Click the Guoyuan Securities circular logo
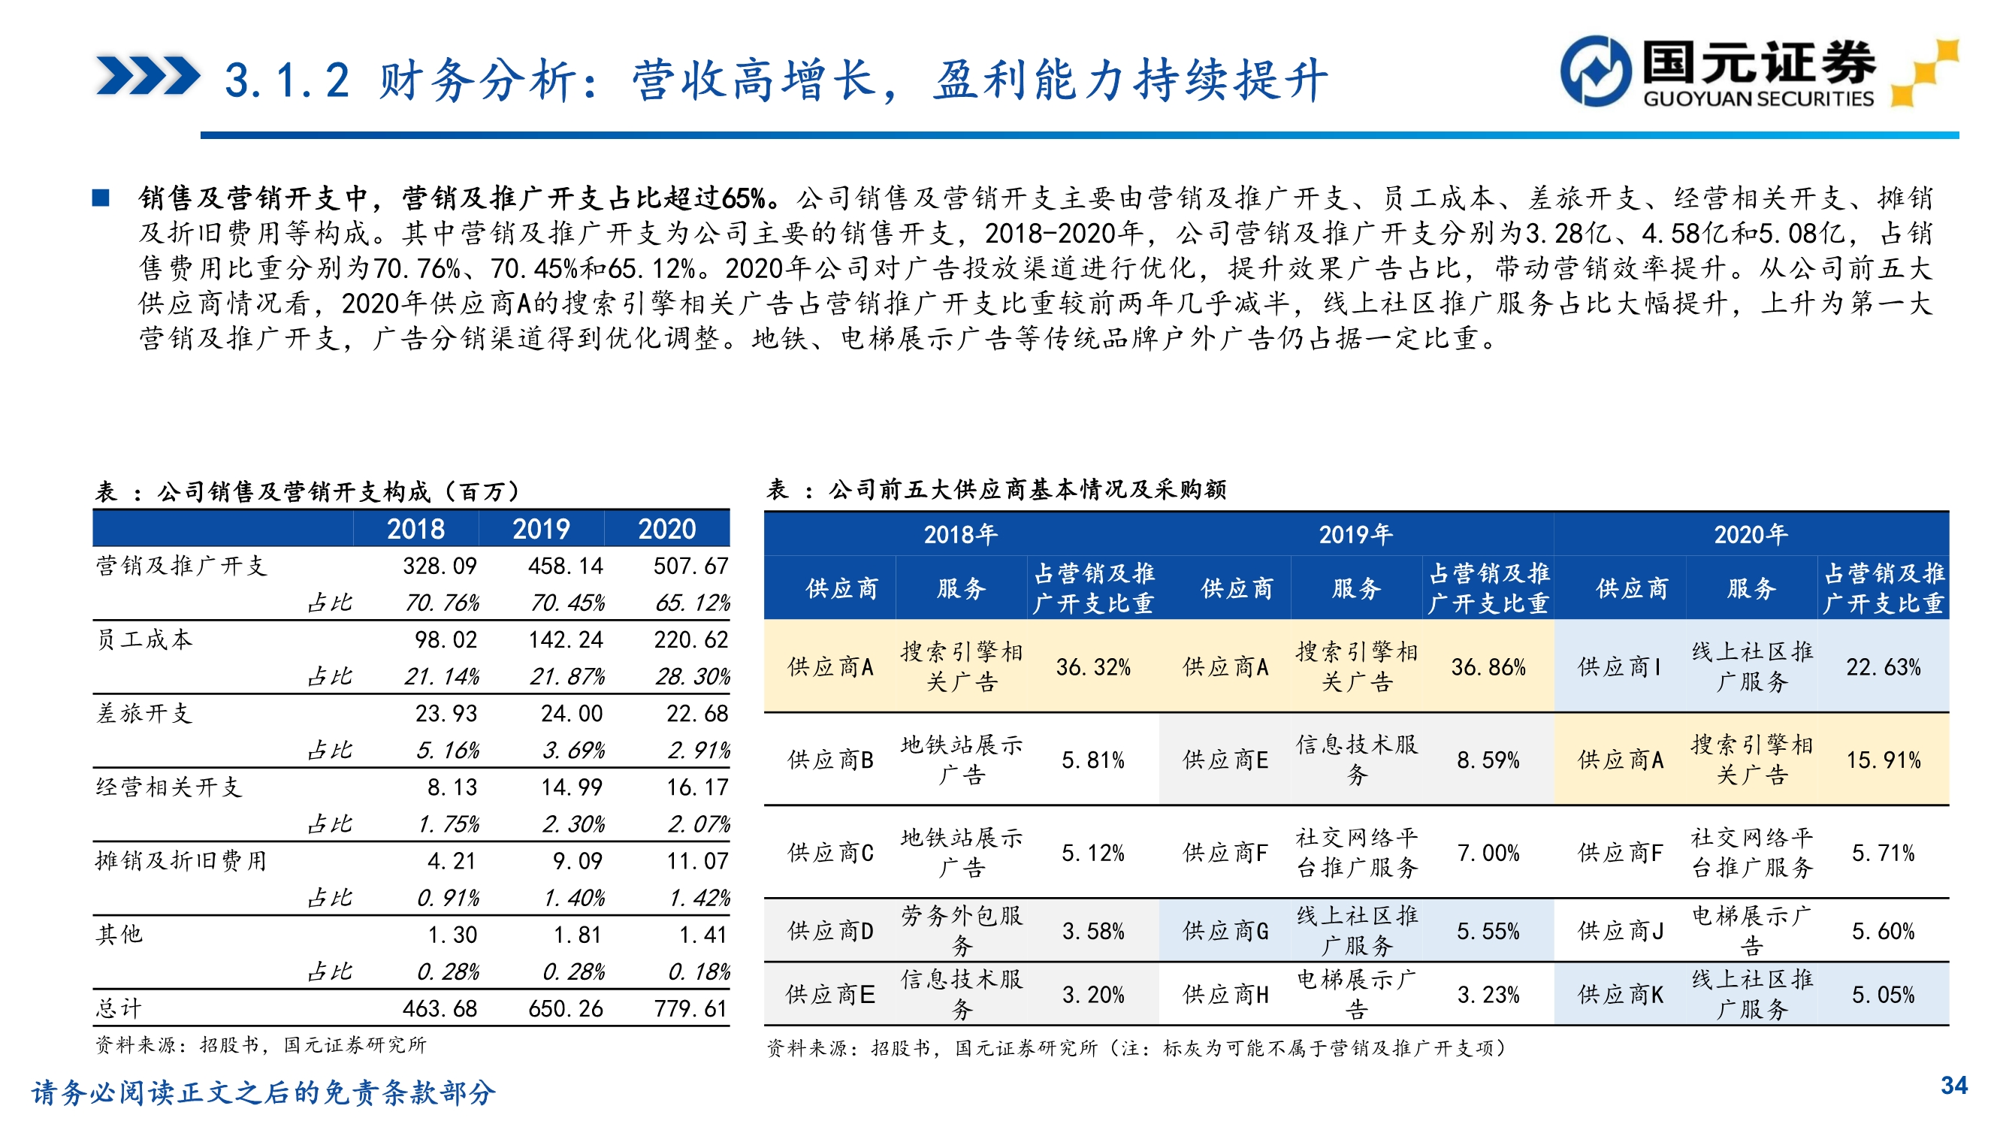(x=1596, y=70)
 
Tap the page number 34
(x=1954, y=1085)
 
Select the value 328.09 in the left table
(x=440, y=566)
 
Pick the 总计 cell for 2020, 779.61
(x=690, y=1008)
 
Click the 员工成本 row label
(x=144, y=639)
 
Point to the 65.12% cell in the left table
(x=692, y=603)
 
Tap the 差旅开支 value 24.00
(x=572, y=713)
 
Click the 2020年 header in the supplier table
(x=1751, y=534)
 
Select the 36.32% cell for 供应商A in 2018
(x=1092, y=666)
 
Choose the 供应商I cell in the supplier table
(x=1620, y=666)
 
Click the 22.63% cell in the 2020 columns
(x=1883, y=666)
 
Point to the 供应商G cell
(x=1225, y=931)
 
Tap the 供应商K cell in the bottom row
(x=1620, y=994)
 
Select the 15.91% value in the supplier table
(x=1883, y=759)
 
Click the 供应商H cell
(x=1225, y=994)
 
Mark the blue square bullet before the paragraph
(x=101, y=198)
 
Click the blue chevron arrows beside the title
(x=148, y=76)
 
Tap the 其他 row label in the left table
(x=119, y=934)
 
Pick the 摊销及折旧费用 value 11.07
(x=696, y=861)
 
